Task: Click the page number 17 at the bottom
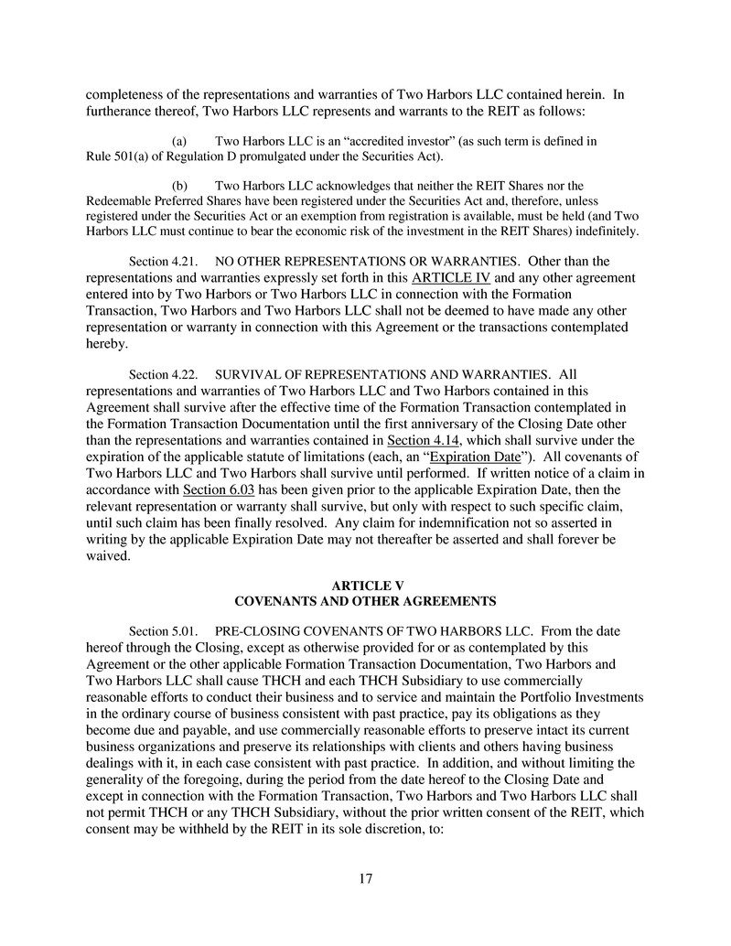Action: click(365, 879)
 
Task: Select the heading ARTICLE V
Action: click(365, 585)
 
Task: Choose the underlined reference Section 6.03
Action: click(217, 489)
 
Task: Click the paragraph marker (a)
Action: click(180, 142)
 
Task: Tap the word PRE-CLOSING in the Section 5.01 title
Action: click(252, 631)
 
